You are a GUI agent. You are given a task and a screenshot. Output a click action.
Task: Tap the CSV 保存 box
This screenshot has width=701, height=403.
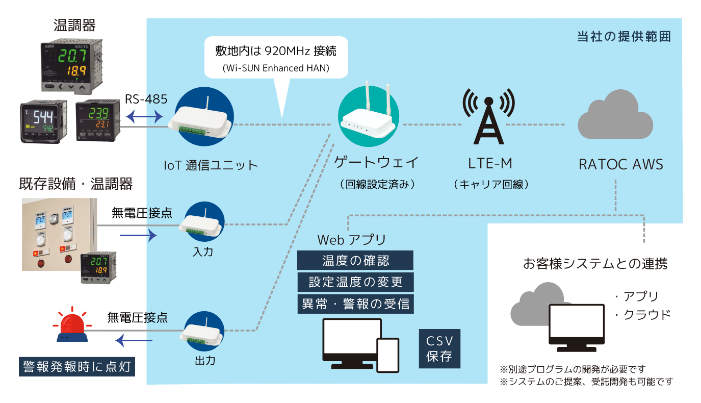coord(439,348)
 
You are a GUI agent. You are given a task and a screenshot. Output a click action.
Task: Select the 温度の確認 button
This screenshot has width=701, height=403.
coord(355,261)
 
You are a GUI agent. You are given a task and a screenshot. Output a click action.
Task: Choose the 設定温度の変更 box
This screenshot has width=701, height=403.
coord(355,282)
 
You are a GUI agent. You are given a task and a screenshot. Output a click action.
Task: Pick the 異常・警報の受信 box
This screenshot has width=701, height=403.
coord(355,304)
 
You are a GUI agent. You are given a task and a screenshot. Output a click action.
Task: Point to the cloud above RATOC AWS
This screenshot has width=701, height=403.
coord(615,114)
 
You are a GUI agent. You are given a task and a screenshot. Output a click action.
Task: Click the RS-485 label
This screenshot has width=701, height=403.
coord(146,99)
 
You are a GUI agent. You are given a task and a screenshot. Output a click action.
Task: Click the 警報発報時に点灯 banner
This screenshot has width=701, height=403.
coord(77,367)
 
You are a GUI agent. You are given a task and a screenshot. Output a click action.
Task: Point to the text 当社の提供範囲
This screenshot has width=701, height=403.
coord(624,37)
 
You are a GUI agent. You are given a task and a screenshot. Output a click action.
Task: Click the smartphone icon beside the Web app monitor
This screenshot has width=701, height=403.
coord(387,355)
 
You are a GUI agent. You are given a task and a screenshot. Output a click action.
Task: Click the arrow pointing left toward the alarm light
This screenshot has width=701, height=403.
coord(134,339)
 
